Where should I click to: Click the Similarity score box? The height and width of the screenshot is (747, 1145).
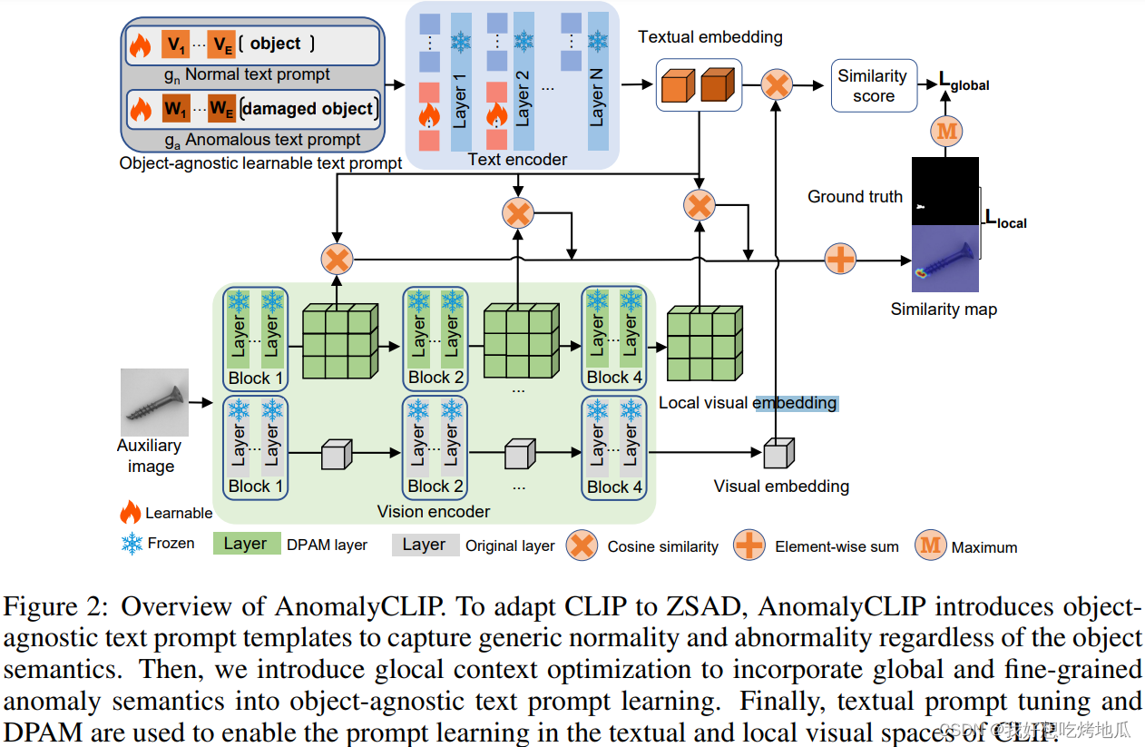(874, 86)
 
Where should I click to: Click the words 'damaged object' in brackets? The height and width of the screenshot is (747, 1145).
(308, 109)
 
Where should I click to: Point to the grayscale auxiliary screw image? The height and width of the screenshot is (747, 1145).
(154, 402)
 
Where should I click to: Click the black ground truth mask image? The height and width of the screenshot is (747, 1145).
(944, 191)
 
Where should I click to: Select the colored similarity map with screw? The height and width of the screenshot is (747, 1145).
(944, 260)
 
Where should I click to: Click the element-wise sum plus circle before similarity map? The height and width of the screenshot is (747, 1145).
(840, 260)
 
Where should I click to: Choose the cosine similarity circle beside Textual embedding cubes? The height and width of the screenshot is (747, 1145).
(777, 85)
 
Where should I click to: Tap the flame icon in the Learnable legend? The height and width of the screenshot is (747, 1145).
(131, 512)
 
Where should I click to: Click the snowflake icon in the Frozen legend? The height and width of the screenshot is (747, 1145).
(132, 544)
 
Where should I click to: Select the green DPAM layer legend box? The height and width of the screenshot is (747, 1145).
(246, 544)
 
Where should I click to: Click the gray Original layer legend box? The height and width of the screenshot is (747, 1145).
(425, 545)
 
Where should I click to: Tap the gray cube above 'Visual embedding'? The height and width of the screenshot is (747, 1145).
(778, 453)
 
